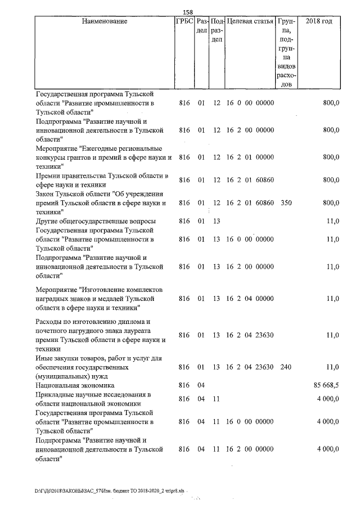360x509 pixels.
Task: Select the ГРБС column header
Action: pos(185,21)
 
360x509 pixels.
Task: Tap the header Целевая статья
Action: pos(250,21)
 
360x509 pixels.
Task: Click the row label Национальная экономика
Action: pos(75,386)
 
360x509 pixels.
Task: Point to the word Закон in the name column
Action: pos(46,193)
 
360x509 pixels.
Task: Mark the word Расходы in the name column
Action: pos(48,322)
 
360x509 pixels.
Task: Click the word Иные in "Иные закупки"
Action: pos(44,358)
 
